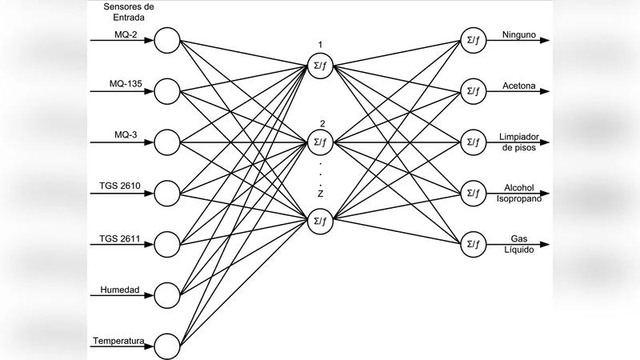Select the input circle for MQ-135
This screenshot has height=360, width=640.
click(167, 91)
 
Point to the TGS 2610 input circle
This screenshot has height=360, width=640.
click(167, 193)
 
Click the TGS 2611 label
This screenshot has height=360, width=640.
click(118, 237)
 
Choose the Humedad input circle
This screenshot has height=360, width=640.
click(167, 294)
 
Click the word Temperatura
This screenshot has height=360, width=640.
click(118, 341)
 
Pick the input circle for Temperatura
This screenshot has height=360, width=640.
click(167, 345)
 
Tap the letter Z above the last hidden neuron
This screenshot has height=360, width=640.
click(320, 194)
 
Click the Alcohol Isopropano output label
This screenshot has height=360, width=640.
click(522, 193)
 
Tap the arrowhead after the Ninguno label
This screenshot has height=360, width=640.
click(544, 41)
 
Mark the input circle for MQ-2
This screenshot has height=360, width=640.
click(167, 40)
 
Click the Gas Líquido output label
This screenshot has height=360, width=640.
click(519, 244)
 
